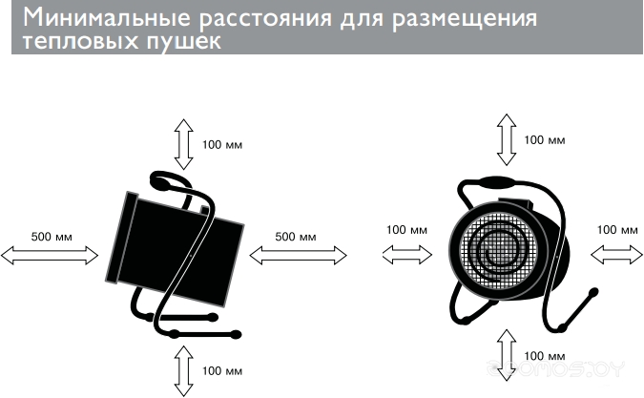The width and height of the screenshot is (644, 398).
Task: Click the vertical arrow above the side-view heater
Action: coord(181,143)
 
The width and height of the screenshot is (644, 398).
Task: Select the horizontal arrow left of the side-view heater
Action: coord(51,255)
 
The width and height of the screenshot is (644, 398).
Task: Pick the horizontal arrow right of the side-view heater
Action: coord(298,255)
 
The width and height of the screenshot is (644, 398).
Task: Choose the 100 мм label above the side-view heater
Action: coord(223,145)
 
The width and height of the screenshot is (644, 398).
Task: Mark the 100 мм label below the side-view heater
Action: coord(223,370)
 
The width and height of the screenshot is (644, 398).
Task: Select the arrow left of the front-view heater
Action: coord(405,254)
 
